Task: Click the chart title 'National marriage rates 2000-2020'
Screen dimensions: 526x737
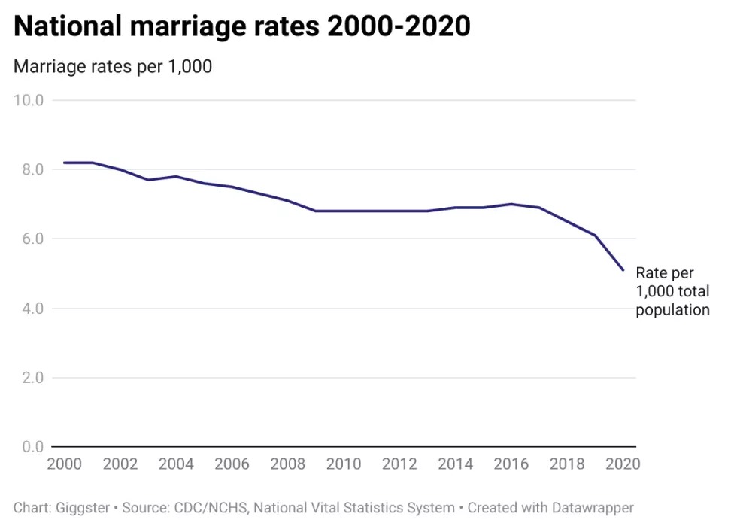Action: click(x=242, y=26)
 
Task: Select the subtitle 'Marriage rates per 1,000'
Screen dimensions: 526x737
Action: click(x=113, y=67)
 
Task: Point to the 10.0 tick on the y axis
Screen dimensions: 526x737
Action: click(x=29, y=100)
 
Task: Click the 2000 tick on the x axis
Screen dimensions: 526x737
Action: click(x=64, y=464)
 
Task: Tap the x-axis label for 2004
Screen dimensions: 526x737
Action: click(x=175, y=464)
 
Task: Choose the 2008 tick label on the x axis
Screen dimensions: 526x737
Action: click(x=287, y=464)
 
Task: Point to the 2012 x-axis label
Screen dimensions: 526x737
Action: click(x=399, y=464)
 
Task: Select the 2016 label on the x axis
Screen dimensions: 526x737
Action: click(x=510, y=464)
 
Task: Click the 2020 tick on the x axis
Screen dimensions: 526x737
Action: click(x=621, y=464)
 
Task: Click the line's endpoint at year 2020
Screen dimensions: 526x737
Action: click(x=623, y=270)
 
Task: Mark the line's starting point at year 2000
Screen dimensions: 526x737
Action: click(x=64, y=163)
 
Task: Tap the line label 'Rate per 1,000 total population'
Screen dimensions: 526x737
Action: click(x=672, y=291)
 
